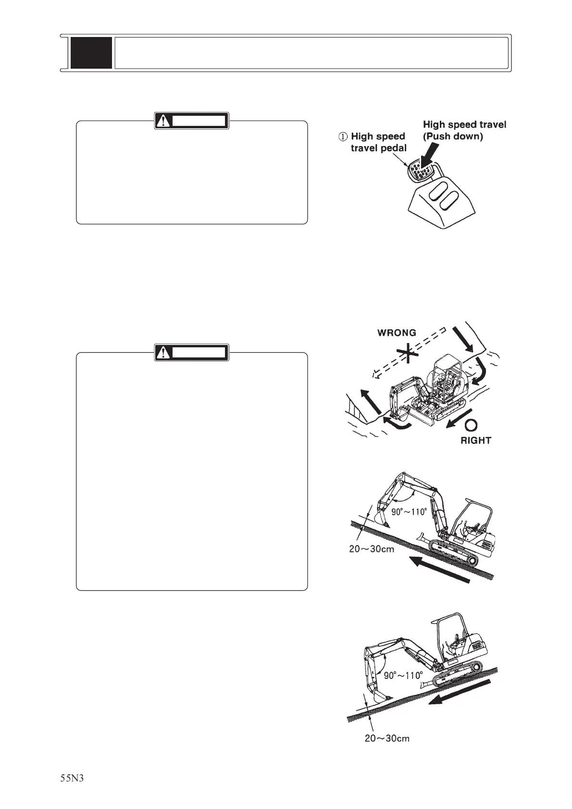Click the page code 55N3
coord(72,778)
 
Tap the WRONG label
coord(397,332)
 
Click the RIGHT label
coord(476,440)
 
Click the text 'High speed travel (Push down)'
coord(464,130)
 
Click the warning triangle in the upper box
coord(164,121)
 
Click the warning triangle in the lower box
coord(164,353)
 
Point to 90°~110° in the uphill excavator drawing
coord(409,512)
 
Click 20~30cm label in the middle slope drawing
coord(372,549)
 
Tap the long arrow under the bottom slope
coord(459,692)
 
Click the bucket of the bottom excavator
coord(380,695)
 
